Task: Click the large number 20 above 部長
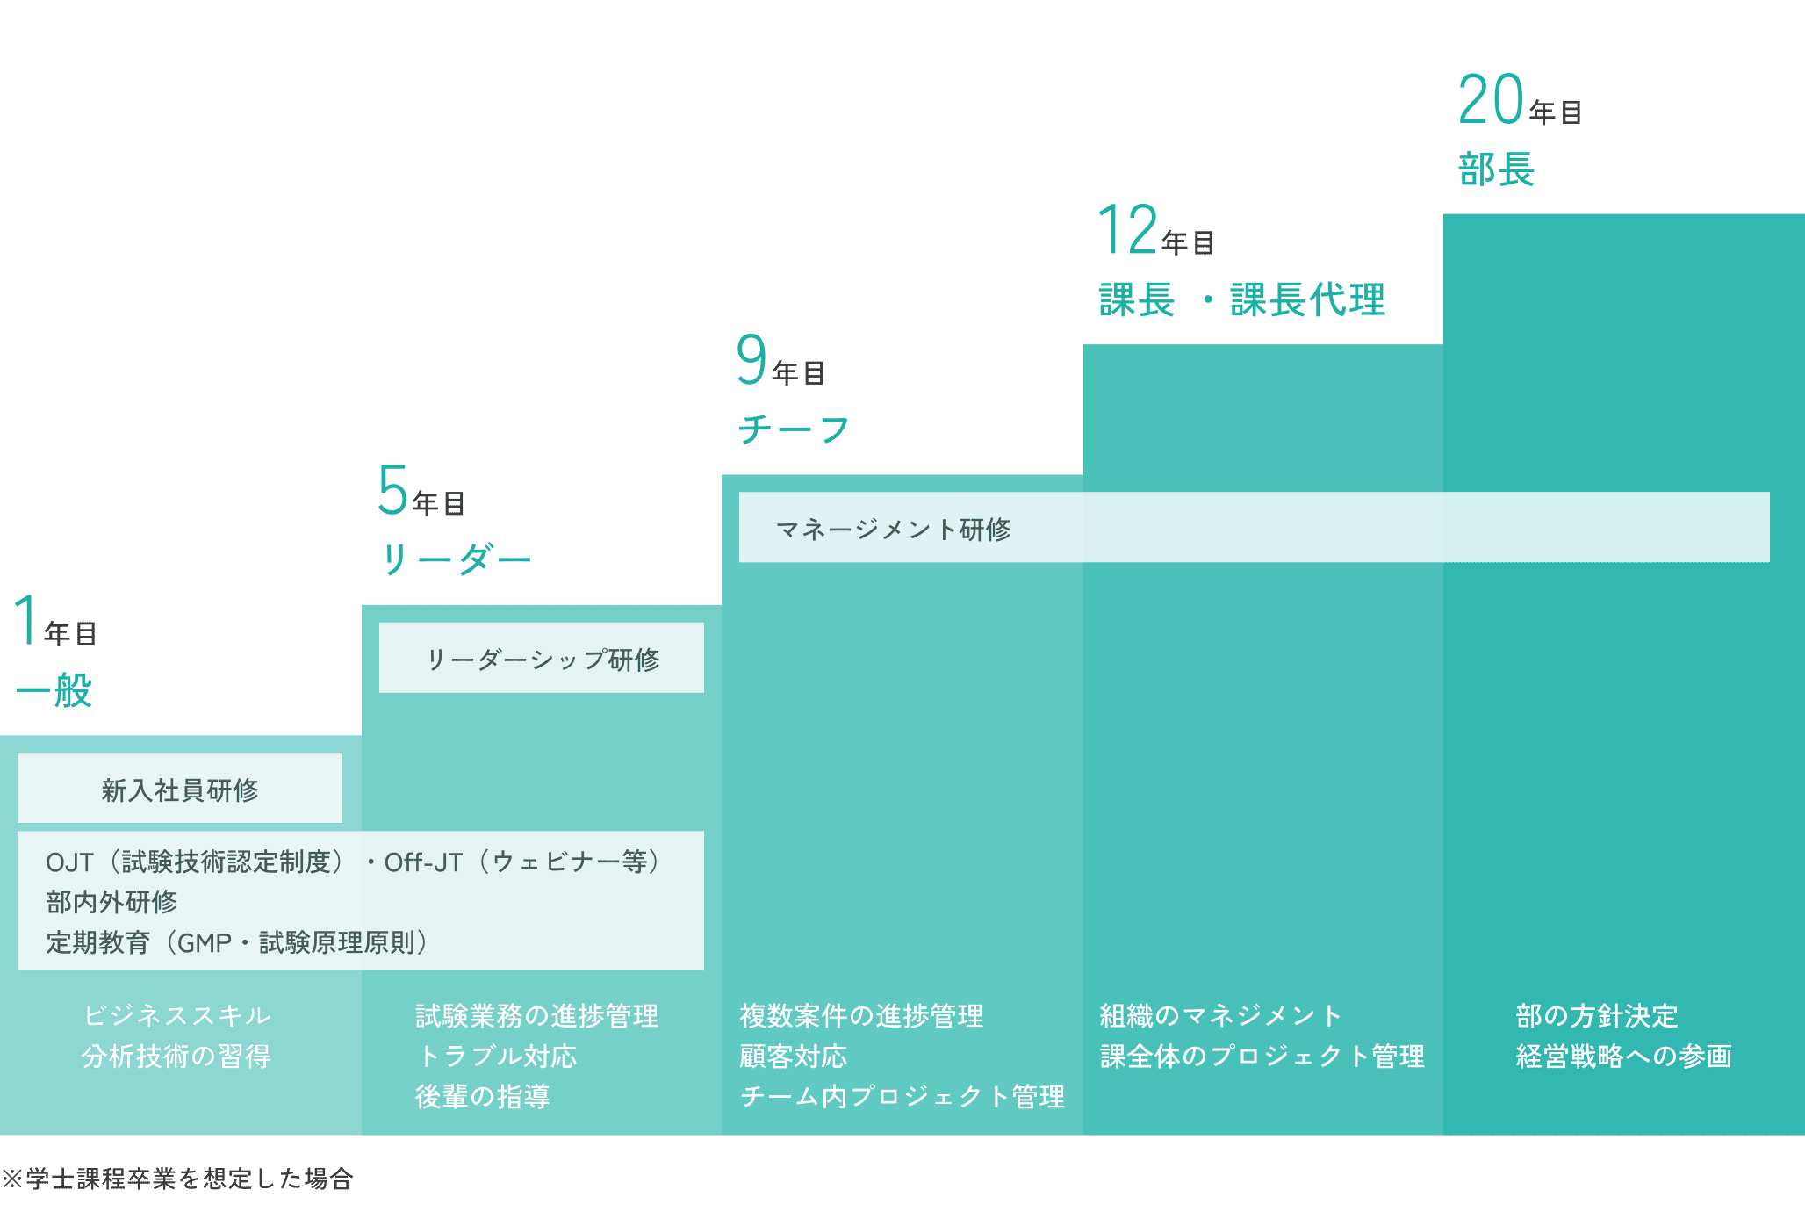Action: click(x=1491, y=100)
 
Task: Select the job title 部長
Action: click(x=1496, y=169)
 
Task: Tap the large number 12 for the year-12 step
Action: click(x=1128, y=230)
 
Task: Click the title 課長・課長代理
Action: click(x=1241, y=299)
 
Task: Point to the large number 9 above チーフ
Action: click(x=751, y=360)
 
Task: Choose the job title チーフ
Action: click(x=794, y=429)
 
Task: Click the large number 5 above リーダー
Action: click(x=392, y=490)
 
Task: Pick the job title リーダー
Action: click(x=456, y=559)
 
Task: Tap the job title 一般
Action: click(x=54, y=690)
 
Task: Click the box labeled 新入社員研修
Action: click(x=180, y=789)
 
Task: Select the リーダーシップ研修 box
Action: click(x=542, y=659)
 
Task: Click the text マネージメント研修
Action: click(x=894, y=529)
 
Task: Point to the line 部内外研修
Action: click(x=111, y=902)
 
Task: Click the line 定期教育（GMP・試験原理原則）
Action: click(x=237, y=942)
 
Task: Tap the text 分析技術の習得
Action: click(x=176, y=1056)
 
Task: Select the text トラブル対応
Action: click(x=497, y=1056)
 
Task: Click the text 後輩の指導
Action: click(x=482, y=1096)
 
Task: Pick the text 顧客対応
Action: click(x=794, y=1056)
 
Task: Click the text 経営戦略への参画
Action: click(x=1623, y=1056)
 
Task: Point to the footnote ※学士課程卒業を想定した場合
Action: click(x=177, y=1179)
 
